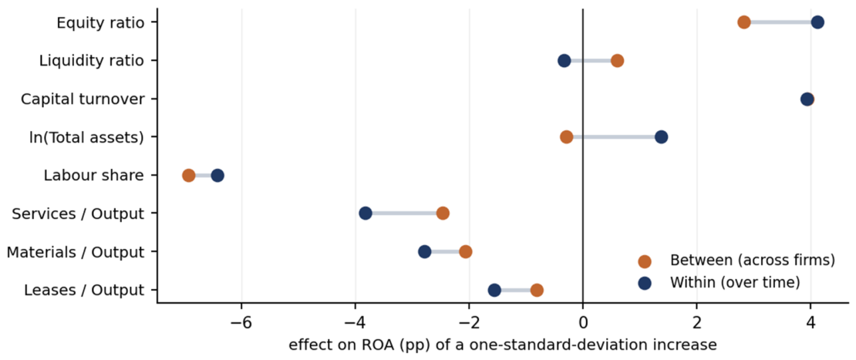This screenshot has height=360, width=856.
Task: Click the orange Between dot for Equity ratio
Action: pos(743,22)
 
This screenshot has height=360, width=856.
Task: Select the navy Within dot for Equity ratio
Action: pos(817,22)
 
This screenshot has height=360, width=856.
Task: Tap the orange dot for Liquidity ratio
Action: pos(617,61)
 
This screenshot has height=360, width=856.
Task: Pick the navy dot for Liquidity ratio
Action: pos(564,61)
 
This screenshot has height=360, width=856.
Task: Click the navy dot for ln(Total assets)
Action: pos(661,137)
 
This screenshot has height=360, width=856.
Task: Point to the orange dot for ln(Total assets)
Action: pos(567,137)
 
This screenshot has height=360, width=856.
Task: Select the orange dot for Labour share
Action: pos(188,175)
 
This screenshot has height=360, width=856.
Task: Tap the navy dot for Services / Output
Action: pos(366,214)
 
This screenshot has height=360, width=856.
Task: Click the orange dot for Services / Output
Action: pos(443,214)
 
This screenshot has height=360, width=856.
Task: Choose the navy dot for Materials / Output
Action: pos(424,251)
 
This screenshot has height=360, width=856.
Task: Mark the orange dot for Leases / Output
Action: pos(537,290)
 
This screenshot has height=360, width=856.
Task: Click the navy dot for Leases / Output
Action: pos(494,290)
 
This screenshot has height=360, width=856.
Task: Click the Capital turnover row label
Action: pos(83,99)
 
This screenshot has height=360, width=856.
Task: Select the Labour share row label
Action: pos(94,175)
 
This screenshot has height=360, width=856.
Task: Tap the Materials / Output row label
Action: pos(76,252)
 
